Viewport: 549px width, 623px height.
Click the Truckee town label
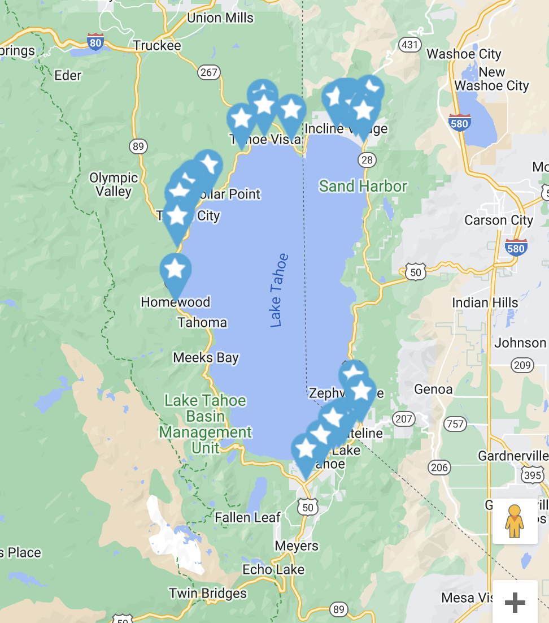[x=157, y=45]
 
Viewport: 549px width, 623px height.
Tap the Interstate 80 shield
[x=95, y=42]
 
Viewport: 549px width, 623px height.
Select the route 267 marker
[x=208, y=72]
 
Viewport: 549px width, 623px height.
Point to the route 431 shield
[x=409, y=44]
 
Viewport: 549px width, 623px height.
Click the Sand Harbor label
[x=363, y=186]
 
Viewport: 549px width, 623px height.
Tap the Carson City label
[x=498, y=220]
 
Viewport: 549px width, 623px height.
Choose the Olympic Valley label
[x=114, y=184]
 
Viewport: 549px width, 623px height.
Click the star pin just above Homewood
[x=175, y=269]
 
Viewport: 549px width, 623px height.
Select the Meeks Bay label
[x=206, y=357]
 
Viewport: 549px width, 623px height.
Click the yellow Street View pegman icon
[x=515, y=521]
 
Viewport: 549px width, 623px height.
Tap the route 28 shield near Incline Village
[x=367, y=160]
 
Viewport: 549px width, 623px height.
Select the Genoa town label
[x=433, y=389]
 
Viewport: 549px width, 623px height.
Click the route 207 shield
[x=404, y=418]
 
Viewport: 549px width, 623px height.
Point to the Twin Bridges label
[x=208, y=593]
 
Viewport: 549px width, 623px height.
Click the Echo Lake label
[x=273, y=569]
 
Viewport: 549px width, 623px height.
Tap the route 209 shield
[x=522, y=365]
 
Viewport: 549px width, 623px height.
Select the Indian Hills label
[x=485, y=302]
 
